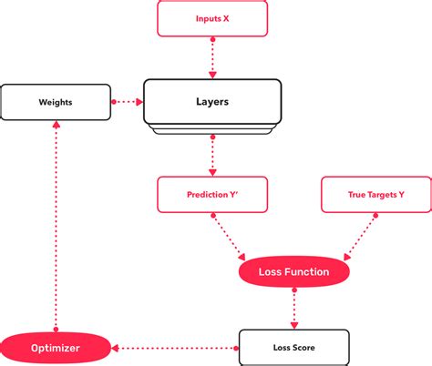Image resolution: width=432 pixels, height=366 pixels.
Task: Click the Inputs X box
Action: [212, 18]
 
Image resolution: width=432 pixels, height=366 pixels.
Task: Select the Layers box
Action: [211, 103]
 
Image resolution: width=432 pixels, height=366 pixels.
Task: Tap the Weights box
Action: [56, 103]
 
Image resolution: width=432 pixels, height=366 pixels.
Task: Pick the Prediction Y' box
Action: [212, 195]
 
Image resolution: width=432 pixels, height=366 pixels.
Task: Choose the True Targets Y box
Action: [375, 195]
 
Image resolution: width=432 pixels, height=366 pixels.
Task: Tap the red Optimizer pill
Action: [55, 347]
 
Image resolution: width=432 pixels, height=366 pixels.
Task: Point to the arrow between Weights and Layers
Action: [127, 103]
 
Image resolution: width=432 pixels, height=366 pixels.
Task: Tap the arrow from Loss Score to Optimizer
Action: [174, 347]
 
